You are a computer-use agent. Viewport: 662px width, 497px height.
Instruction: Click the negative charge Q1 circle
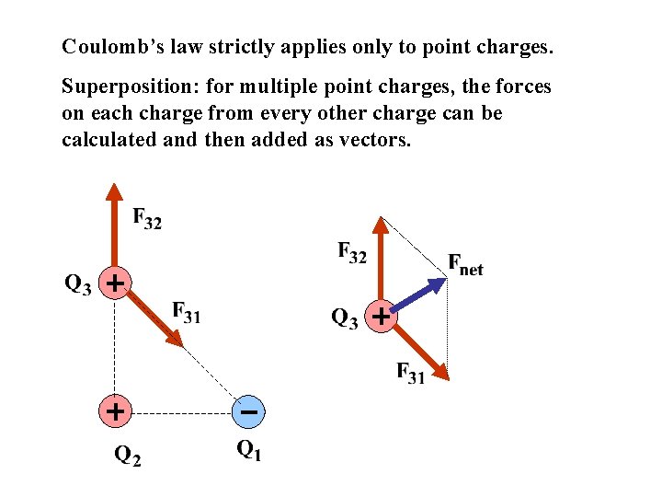[x=248, y=411]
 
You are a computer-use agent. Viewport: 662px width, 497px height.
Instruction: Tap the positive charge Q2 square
[x=114, y=410]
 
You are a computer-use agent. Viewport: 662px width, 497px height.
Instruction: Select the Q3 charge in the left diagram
[x=114, y=283]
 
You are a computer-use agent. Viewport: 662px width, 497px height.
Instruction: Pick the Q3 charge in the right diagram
[x=381, y=317]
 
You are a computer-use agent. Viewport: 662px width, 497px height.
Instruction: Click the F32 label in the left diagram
[x=147, y=219]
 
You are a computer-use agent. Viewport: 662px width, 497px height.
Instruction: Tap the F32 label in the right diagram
[x=352, y=251]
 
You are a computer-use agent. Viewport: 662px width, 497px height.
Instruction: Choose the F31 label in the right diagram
[x=410, y=373]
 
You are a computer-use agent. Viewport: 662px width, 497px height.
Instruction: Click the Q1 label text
[x=248, y=450]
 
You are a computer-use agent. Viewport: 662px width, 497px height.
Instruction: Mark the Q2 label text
[x=127, y=455]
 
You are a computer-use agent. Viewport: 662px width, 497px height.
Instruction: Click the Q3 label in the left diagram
[x=78, y=284]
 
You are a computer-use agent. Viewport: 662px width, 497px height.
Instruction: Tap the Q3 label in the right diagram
[x=344, y=319]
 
